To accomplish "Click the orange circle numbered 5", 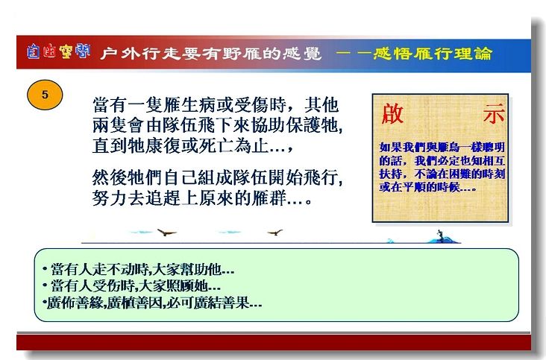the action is tap(45, 95).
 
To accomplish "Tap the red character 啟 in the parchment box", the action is tap(392, 114).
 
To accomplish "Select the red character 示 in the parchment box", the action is tap(494, 114).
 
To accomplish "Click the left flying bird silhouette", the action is tap(166, 233).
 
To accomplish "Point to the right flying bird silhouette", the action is tap(275, 233).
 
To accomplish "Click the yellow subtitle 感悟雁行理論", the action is tap(433, 54).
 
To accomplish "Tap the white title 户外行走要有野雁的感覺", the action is tap(210, 54).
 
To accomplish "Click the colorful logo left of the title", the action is tap(58, 51).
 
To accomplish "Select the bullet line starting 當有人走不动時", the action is tap(139, 269).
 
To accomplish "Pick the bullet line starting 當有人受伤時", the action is tap(131, 286).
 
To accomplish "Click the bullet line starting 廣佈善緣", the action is tap(152, 303).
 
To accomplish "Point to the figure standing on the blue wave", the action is tap(441, 236).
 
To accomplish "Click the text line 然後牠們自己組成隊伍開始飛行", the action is tap(218, 177).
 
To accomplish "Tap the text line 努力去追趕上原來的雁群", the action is tap(202, 198).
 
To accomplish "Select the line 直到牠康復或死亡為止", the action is tap(192, 145).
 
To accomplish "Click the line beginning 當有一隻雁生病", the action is tap(216, 104).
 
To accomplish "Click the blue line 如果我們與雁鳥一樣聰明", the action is tap(442, 148).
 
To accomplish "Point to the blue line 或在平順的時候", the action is tap(427, 187).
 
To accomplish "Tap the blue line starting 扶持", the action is tap(442, 174).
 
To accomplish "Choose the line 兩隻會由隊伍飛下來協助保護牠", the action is tap(218, 125).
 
